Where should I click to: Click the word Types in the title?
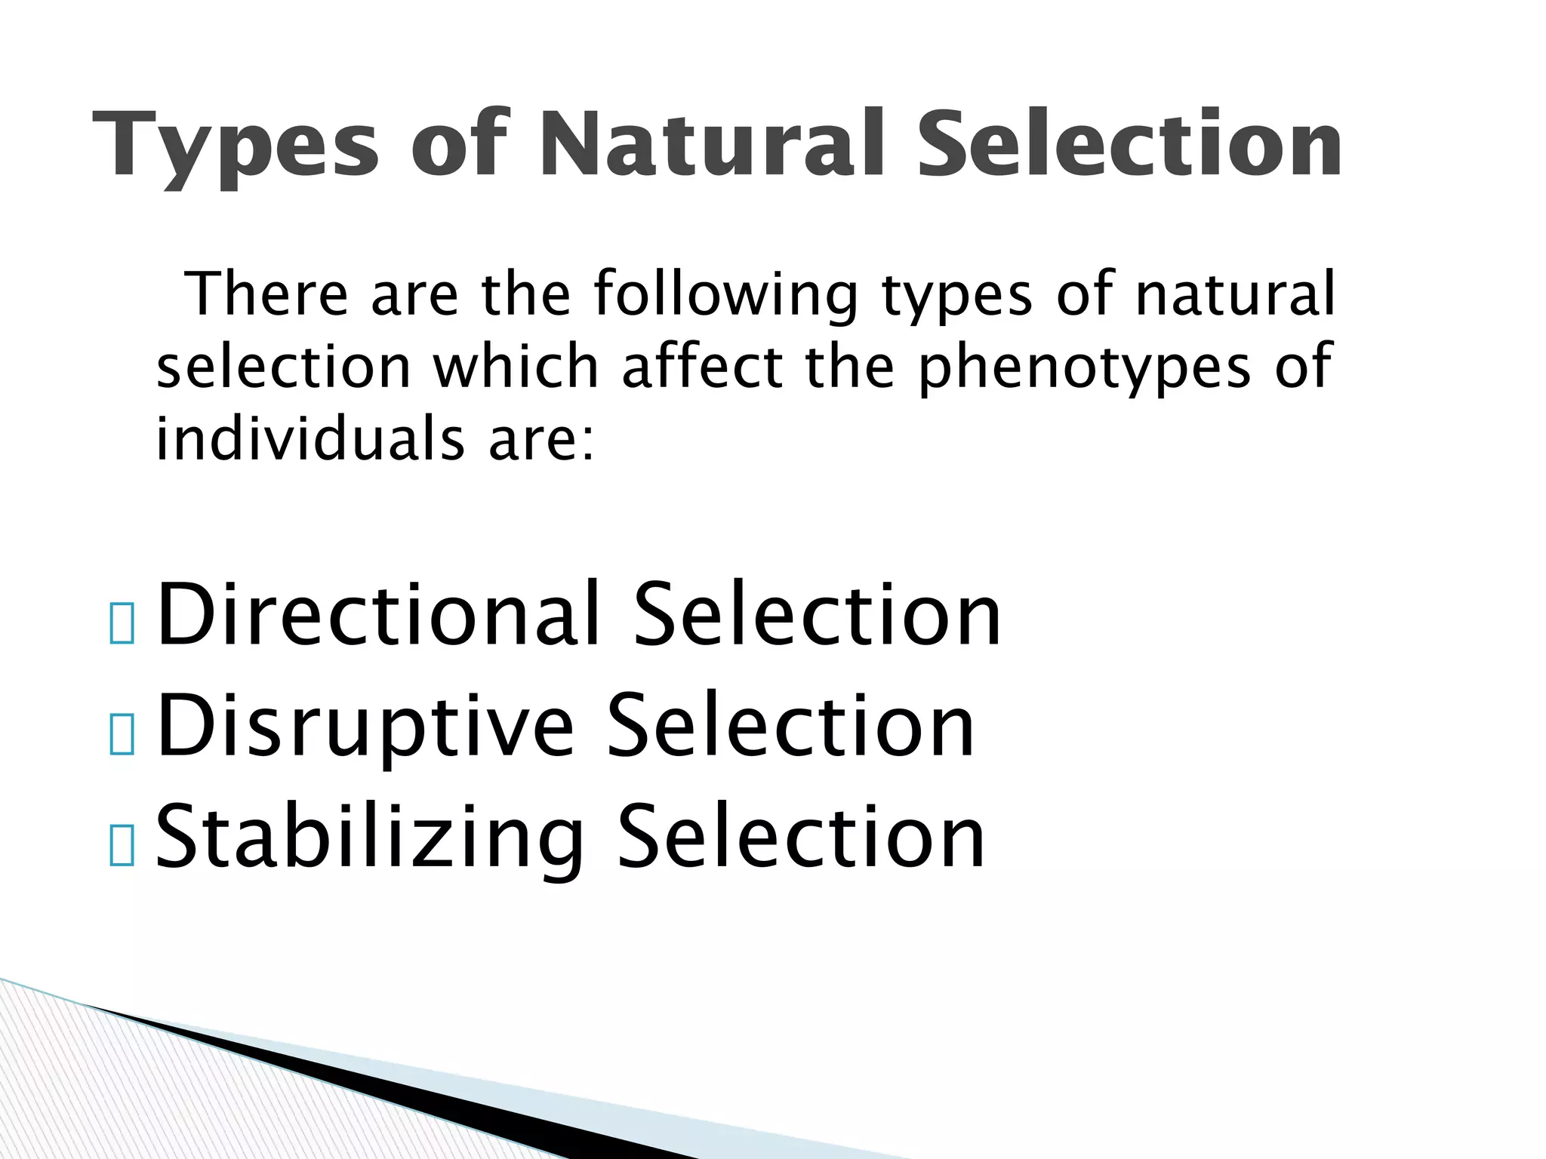(235, 145)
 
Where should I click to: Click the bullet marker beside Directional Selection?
(122, 625)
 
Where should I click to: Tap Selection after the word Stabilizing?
(801, 837)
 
